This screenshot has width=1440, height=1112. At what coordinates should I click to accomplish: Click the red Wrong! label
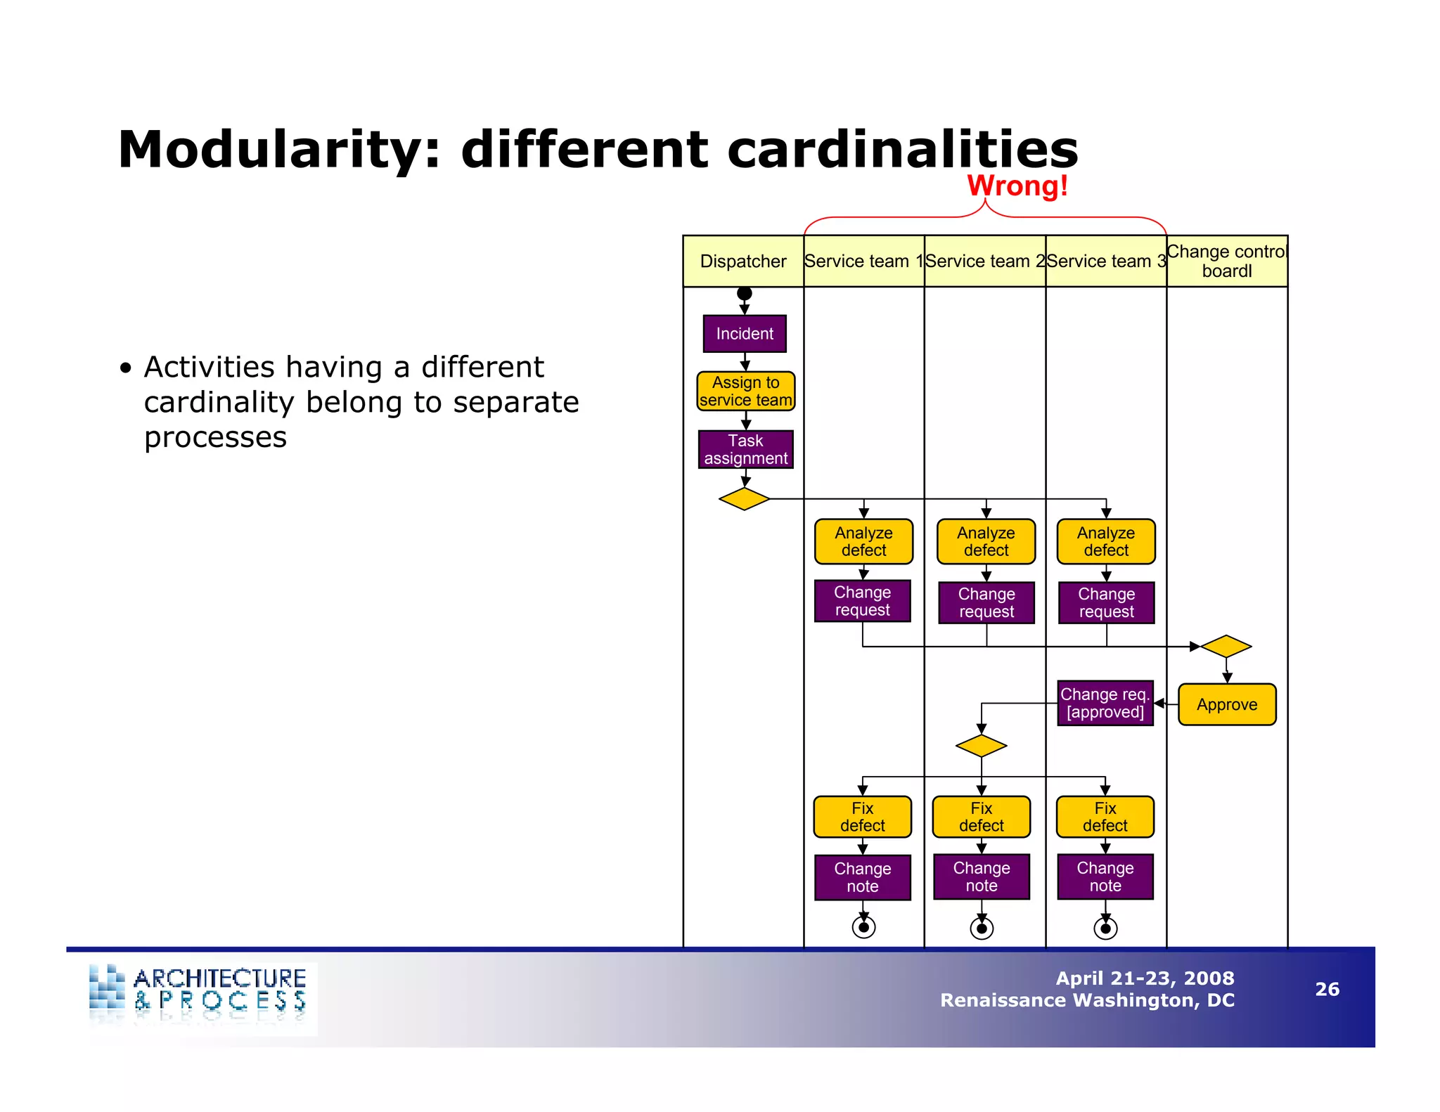(x=1017, y=186)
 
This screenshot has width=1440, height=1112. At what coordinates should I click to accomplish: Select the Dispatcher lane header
(x=743, y=261)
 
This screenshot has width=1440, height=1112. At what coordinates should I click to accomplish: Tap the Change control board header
(x=1227, y=261)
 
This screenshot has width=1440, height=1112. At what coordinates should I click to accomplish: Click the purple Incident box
(x=745, y=334)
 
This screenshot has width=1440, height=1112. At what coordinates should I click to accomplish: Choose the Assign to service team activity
(x=745, y=392)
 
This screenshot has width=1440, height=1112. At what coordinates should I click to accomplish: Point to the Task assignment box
(x=745, y=450)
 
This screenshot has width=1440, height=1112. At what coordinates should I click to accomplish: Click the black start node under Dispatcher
(x=745, y=293)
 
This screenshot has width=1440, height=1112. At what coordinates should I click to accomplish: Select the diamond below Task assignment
(x=745, y=499)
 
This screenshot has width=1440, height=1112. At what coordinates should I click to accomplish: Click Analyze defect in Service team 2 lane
(x=986, y=542)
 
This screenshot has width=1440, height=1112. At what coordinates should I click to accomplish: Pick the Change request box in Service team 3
(x=1106, y=603)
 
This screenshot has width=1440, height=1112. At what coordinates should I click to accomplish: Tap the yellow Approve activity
(x=1227, y=704)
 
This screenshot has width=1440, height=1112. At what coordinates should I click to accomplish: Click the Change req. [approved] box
(x=1105, y=703)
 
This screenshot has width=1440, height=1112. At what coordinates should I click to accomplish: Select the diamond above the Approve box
(x=1226, y=646)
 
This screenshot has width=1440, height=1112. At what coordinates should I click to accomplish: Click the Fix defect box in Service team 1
(x=863, y=817)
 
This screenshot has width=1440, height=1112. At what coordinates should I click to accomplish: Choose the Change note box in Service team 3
(x=1105, y=877)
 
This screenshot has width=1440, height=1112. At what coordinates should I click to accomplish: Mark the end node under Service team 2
(x=982, y=929)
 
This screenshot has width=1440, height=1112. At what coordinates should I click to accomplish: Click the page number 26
(x=1327, y=990)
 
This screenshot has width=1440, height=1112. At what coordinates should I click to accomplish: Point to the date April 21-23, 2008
(x=1145, y=978)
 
